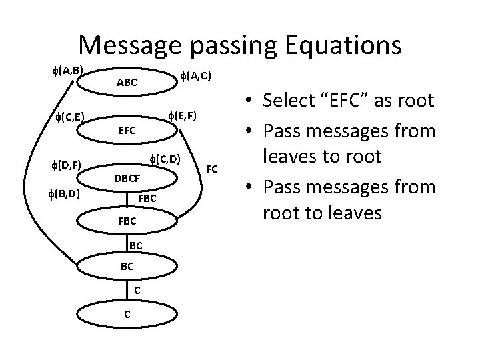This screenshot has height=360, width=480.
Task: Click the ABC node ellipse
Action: [126, 83]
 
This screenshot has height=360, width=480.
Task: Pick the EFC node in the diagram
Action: [126, 131]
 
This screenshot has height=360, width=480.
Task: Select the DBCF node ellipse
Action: [126, 178]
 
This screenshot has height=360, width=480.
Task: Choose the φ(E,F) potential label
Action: [182, 116]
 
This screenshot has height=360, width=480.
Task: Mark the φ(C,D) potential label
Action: [164, 159]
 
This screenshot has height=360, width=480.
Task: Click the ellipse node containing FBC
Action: [126, 220]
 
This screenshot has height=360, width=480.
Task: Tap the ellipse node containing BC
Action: [126, 267]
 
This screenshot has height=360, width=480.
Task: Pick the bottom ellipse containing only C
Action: [126, 314]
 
